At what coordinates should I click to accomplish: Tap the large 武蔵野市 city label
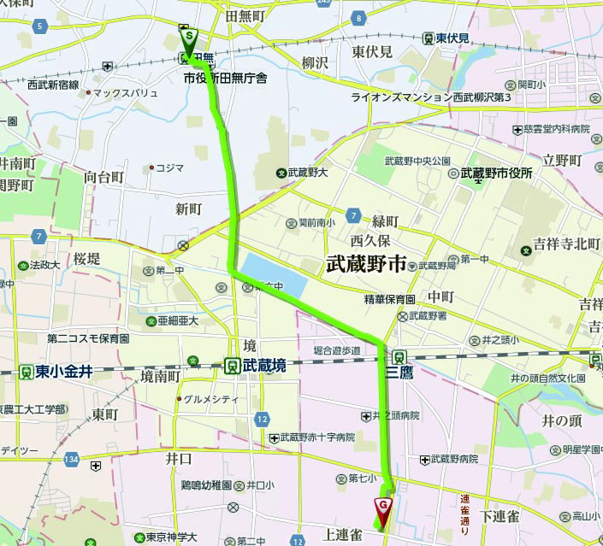(366, 266)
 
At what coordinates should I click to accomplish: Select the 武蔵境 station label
(261, 366)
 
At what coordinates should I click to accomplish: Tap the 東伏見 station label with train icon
(452, 38)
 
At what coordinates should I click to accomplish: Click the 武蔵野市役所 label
(496, 173)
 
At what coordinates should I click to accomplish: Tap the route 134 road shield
(71, 461)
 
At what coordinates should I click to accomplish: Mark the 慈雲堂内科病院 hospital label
(557, 129)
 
